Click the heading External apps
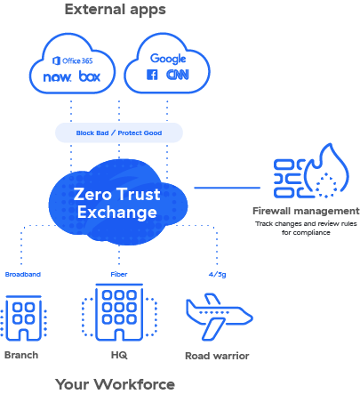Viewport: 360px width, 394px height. pos(115,10)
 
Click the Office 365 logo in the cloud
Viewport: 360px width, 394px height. pos(74,60)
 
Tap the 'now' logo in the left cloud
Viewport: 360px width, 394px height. pos(57,77)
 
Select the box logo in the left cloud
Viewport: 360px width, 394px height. pos(90,77)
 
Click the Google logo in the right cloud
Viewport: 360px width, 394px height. pos(167,58)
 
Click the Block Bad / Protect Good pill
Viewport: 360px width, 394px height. pos(118,133)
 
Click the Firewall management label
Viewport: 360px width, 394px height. pos(306,212)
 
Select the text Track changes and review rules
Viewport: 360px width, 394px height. pos(306,224)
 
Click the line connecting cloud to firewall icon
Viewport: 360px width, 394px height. pos(226,188)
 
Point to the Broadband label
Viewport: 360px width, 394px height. pos(22,275)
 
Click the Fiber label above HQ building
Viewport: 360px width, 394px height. pos(118,275)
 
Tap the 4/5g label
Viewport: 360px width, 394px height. pos(216,275)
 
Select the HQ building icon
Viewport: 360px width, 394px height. pos(118,316)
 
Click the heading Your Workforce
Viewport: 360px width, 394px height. pos(115,384)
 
